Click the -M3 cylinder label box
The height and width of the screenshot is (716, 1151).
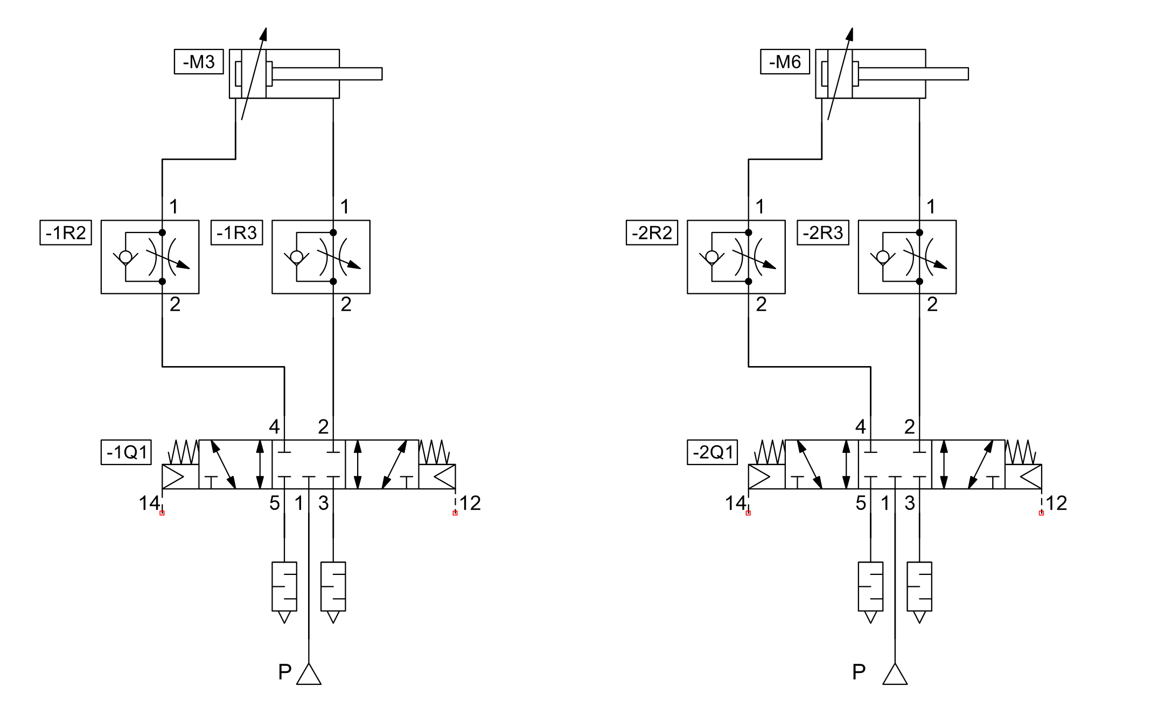[198, 62]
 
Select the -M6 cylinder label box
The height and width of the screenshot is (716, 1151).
[784, 62]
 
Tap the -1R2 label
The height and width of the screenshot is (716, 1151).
[66, 233]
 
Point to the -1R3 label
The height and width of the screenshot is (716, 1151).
[236, 233]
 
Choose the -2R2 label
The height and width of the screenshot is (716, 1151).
[652, 233]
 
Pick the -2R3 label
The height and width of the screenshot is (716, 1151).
[822, 233]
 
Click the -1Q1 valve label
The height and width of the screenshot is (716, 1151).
[127, 452]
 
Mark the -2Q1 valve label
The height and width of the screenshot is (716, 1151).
[713, 452]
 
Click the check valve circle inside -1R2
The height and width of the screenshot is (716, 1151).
[125, 257]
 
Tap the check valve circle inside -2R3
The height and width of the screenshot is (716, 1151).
[883, 257]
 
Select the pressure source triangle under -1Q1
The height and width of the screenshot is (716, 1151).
[309, 675]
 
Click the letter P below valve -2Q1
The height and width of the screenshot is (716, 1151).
[859, 672]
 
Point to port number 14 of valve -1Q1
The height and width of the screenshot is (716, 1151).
[149, 503]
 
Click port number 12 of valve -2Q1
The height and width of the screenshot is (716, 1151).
[1056, 503]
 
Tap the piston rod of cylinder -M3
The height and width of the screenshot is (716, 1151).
[329, 74]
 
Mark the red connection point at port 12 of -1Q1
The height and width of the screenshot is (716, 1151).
[455, 513]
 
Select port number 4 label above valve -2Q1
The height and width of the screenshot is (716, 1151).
[860, 427]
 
